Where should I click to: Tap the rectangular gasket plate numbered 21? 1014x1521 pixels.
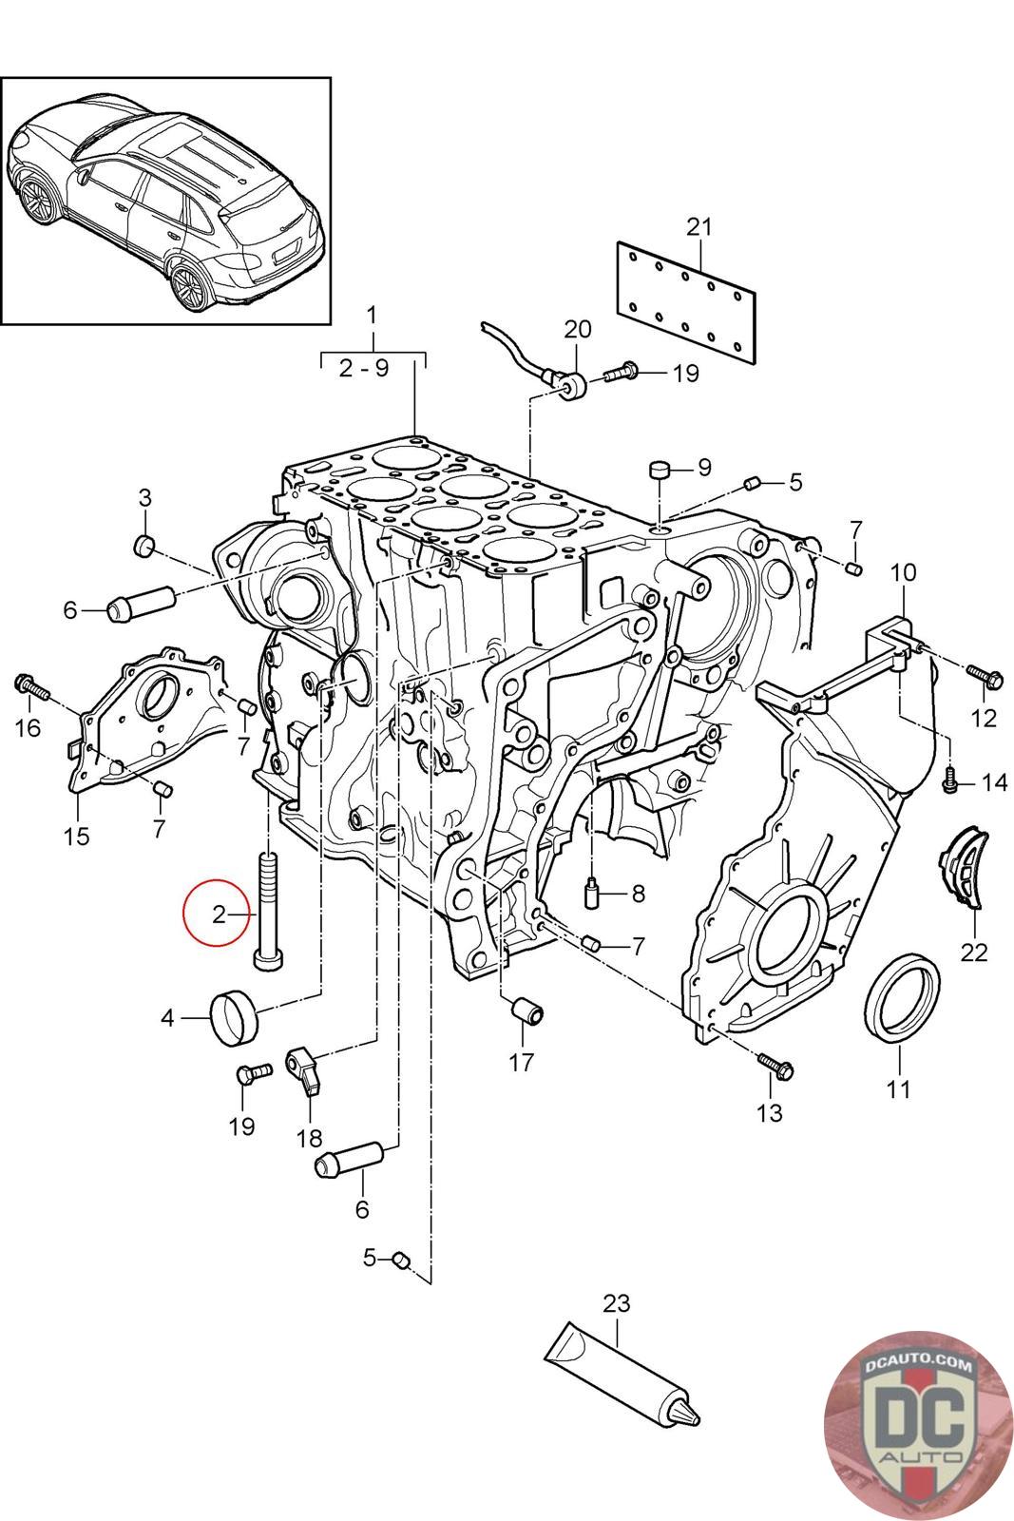pos(686,301)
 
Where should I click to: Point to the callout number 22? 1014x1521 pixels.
pos(974,951)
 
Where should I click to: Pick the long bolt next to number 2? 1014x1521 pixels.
pos(267,910)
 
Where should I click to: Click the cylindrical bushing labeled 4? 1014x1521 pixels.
pos(234,1016)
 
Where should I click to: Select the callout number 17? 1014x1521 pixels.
pos(522,1062)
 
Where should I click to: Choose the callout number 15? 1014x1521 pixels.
pos(76,837)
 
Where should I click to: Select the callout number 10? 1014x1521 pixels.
pos(903,572)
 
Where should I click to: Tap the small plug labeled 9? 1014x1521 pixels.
pos(659,470)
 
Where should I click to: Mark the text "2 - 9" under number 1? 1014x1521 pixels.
pos(364,368)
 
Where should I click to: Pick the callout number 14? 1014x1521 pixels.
pos(995,782)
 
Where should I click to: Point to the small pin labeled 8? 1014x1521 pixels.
pos(591,894)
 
